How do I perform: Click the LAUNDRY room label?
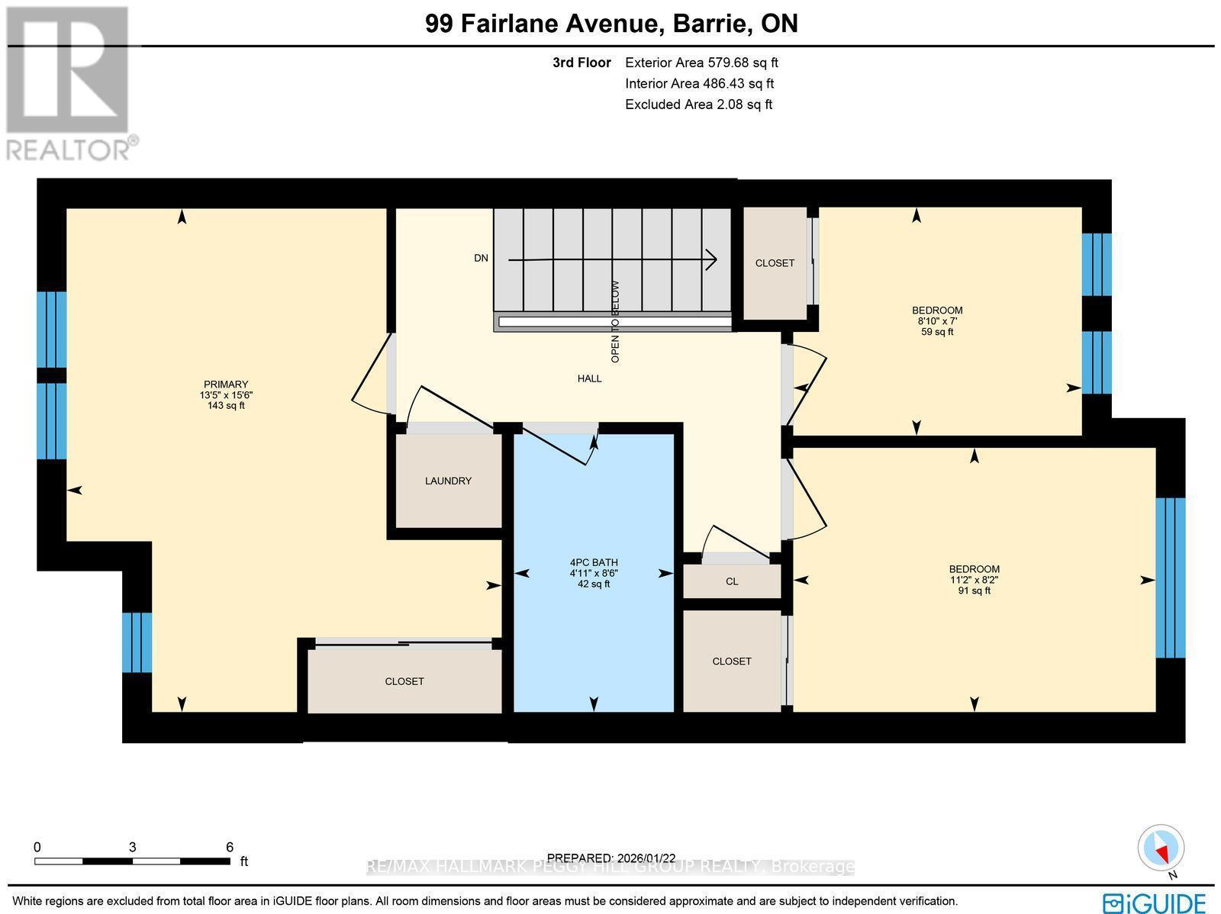tap(448, 481)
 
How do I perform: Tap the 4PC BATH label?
tap(593, 562)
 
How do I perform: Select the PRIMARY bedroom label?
tap(225, 385)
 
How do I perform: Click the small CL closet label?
tap(732, 581)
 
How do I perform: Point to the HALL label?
tap(589, 378)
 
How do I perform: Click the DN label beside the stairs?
tap(481, 258)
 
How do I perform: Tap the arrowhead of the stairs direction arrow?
tap(711, 260)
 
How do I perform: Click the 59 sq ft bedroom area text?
tap(937, 332)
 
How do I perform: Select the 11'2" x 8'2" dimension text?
tap(974, 580)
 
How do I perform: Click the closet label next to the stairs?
tap(775, 263)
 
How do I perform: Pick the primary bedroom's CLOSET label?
tap(404, 681)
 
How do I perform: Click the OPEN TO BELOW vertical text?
tap(615, 321)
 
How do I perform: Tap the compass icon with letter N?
tap(1161, 849)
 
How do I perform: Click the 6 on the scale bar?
tap(229, 847)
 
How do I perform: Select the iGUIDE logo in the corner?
tap(1154, 902)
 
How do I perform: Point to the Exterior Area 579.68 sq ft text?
tap(701, 63)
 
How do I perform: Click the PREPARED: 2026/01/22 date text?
tap(611, 858)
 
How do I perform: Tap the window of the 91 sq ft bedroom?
tap(1170, 578)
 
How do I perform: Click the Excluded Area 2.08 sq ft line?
tap(698, 105)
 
